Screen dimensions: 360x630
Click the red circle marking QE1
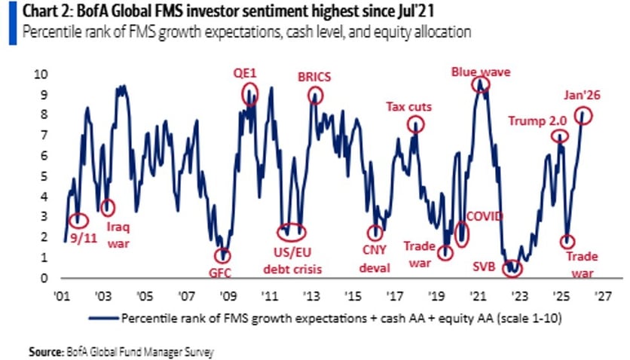(x=250, y=94)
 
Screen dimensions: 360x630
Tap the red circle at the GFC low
(x=222, y=256)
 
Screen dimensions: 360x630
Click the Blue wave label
(x=481, y=72)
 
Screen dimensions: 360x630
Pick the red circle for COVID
(x=462, y=233)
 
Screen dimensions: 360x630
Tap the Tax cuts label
(x=408, y=106)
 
